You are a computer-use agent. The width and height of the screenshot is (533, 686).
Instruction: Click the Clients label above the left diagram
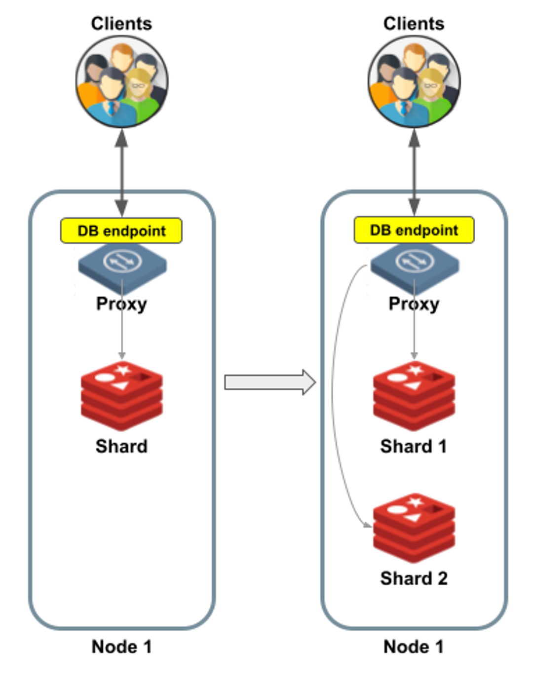[121, 24]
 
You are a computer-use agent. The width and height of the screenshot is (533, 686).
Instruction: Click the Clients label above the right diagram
[414, 24]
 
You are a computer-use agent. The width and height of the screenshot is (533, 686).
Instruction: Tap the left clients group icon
[122, 82]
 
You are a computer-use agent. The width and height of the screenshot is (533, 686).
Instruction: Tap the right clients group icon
[414, 82]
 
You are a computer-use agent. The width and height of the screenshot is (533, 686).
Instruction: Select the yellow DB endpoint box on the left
[121, 231]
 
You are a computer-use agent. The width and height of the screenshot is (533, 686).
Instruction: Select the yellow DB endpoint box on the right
[414, 230]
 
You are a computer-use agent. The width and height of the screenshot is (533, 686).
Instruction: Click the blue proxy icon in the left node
[122, 265]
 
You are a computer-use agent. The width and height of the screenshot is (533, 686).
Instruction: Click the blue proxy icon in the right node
[415, 265]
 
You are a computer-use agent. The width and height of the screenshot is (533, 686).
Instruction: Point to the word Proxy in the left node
[121, 304]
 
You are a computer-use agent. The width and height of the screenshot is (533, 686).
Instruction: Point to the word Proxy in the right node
[414, 304]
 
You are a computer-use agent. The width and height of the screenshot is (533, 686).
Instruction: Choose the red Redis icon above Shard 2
[414, 528]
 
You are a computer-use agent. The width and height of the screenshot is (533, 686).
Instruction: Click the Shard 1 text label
[414, 446]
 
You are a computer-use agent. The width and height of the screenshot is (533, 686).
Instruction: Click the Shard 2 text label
[414, 578]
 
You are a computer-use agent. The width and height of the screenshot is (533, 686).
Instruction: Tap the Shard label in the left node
[121, 446]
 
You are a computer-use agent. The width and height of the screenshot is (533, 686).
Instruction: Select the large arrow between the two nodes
[269, 382]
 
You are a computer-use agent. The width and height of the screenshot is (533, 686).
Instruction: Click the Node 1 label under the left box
[121, 647]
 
